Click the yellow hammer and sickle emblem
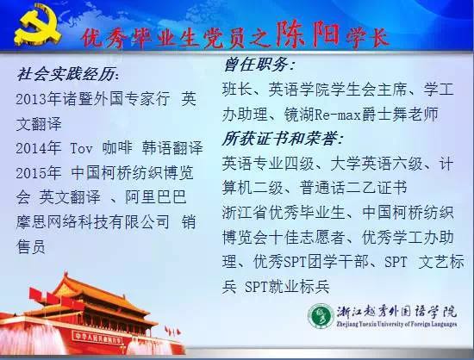tap(37, 25)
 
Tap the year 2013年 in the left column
tap(39, 99)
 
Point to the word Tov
tap(81, 148)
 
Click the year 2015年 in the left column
tap(39, 173)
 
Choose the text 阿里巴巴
tap(156, 197)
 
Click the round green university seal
tap(321, 316)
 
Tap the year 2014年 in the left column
tap(39, 148)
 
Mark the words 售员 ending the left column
tap(31, 246)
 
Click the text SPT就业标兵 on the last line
tap(287, 286)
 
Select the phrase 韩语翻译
tap(172, 148)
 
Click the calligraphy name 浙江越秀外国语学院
tap(396, 313)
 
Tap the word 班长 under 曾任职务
tap(237, 90)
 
